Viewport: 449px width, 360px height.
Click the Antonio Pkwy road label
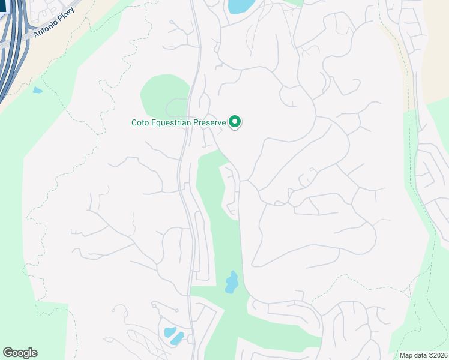click(x=54, y=22)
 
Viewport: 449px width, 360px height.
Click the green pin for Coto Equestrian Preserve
click(x=235, y=122)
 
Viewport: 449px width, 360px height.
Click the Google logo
click(x=20, y=353)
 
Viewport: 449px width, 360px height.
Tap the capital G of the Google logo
click(x=8, y=353)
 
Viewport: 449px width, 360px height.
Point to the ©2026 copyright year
click(x=438, y=355)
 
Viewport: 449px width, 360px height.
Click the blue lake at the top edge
click(x=240, y=6)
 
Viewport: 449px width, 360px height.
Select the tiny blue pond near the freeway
click(x=38, y=91)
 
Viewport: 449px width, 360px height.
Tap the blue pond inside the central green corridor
click(x=231, y=282)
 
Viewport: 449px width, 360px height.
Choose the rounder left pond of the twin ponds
click(x=169, y=332)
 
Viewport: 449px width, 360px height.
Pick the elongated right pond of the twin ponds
click(x=178, y=338)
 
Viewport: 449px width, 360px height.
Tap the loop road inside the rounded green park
click(x=176, y=107)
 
